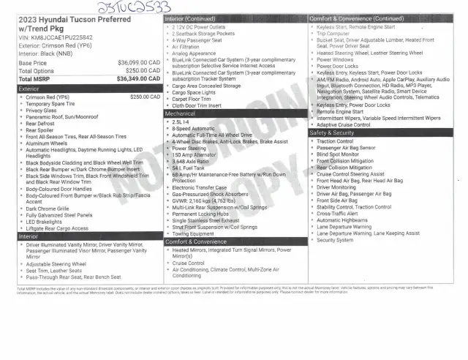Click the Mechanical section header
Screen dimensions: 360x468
180,113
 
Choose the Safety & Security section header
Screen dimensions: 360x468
333,132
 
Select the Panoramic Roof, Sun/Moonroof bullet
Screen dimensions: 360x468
61,117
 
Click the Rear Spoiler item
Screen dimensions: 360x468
42,130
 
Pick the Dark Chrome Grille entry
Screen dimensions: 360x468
48,208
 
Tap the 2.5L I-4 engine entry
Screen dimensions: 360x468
181,121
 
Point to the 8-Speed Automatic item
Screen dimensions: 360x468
193,128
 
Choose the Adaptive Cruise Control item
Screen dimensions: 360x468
344,124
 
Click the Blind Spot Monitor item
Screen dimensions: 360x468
338,154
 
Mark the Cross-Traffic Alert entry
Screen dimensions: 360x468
338,213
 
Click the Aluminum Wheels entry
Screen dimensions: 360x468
48,143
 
